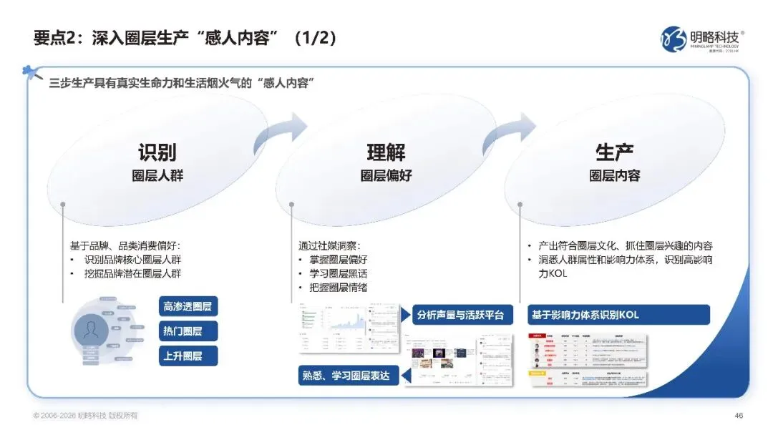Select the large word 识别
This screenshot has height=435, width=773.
(x=157, y=152)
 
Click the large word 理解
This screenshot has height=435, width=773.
(x=386, y=152)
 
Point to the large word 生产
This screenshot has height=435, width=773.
(x=614, y=152)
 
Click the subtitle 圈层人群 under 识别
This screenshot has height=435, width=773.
(x=157, y=175)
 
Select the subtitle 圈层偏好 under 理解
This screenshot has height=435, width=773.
(x=386, y=175)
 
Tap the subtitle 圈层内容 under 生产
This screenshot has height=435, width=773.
(x=614, y=175)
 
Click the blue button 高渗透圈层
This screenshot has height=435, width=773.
(x=188, y=307)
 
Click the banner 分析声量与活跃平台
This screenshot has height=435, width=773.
(x=462, y=315)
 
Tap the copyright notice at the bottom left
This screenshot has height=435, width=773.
(x=85, y=416)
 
